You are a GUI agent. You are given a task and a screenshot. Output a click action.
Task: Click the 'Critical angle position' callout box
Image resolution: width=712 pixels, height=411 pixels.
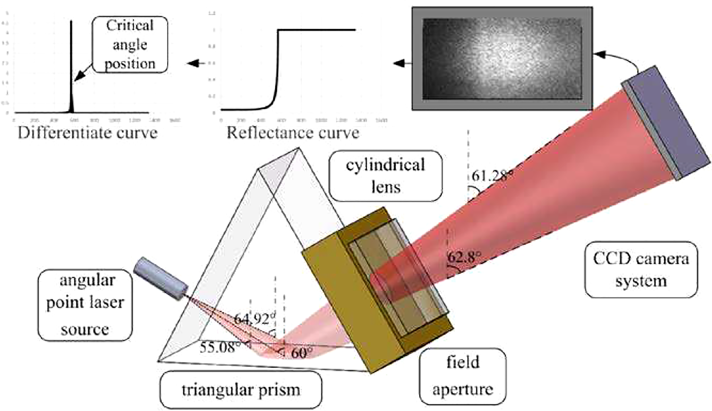[130, 44]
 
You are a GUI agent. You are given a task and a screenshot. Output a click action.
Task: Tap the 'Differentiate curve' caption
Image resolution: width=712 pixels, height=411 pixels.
[88, 133]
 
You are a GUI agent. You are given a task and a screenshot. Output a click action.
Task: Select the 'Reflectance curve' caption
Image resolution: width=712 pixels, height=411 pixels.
[293, 133]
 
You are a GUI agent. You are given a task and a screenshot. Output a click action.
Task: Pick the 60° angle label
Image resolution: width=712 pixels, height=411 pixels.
[302, 353]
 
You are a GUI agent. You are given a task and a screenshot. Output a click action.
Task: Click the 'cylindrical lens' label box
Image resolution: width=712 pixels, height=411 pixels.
[385, 176]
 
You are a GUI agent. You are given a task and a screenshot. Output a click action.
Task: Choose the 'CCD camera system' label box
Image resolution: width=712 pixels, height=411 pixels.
[641, 269]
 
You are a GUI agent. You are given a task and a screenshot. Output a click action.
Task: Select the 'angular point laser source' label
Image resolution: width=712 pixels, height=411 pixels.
[85, 305]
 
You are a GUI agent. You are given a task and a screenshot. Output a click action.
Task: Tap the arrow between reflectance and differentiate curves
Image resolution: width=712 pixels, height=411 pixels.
[196, 63]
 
